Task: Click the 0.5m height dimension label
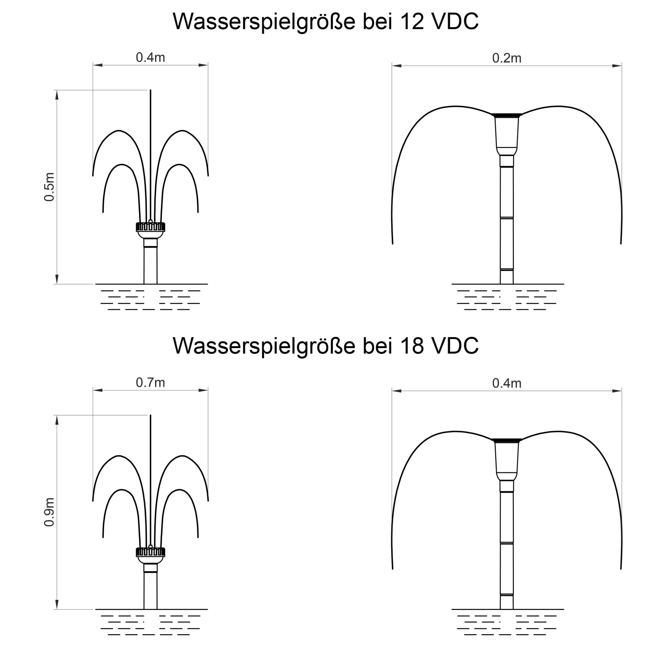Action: click(49, 187)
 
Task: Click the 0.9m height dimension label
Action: click(49, 512)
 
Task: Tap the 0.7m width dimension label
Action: click(151, 383)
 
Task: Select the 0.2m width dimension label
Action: click(507, 58)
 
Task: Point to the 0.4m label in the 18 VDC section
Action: click(507, 383)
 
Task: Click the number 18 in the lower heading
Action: click(412, 346)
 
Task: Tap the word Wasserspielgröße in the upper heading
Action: click(264, 22)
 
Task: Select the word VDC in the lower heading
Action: click(455, 346)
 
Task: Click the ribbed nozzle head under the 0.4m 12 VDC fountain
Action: click(151, 227)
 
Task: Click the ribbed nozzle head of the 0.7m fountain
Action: click(151, 552)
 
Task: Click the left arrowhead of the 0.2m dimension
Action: click(397, 65)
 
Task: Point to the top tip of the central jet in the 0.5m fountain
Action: click(151, 90)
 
